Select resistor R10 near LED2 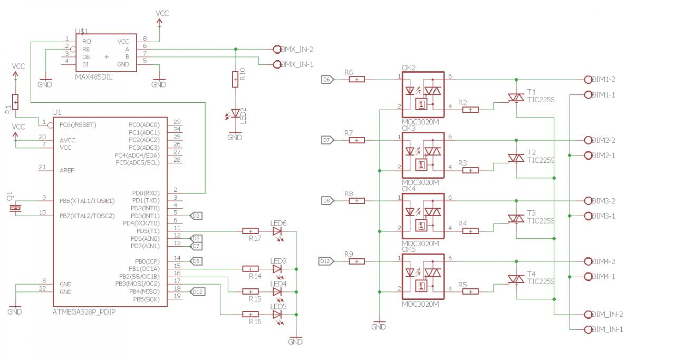[x=235, y=80]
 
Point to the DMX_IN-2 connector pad [x=277, y=49]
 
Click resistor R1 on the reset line [x=15, y=102]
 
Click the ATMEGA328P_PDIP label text [x=84, y=312]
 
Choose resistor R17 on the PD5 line [x=250, y=231]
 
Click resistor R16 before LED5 [x=250, y=314]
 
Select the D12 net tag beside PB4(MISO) [x=197, y=291]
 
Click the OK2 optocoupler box [x=423, y=95]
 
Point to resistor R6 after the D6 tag [x=357, y=80]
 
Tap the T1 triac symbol [x=515, y=97]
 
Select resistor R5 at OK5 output [x=470, y=291]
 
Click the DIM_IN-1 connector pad [x=589, y=329]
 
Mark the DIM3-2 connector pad [x=589, y=201]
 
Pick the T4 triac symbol [x=515, y=279]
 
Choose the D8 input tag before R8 [x=327, y=201]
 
